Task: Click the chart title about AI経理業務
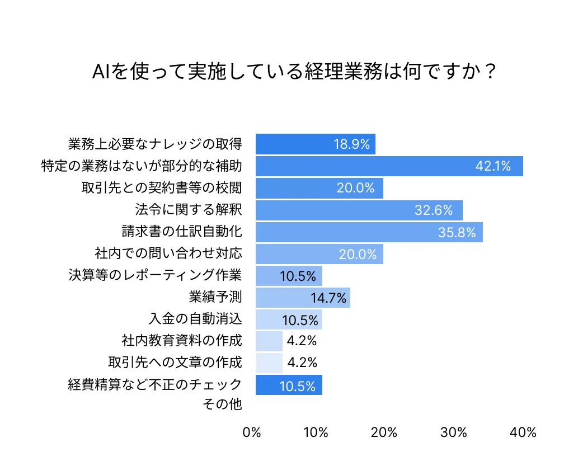294,72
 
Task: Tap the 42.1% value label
492,166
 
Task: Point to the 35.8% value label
457,232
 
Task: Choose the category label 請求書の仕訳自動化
182,231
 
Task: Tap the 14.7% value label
329,298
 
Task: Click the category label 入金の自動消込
195,319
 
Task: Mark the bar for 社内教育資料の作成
269,341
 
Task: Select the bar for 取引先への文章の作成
269,363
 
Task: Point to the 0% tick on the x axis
252,432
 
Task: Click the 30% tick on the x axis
454,432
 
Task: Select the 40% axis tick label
523,432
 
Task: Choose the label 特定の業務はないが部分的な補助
142,166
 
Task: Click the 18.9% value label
352,144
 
